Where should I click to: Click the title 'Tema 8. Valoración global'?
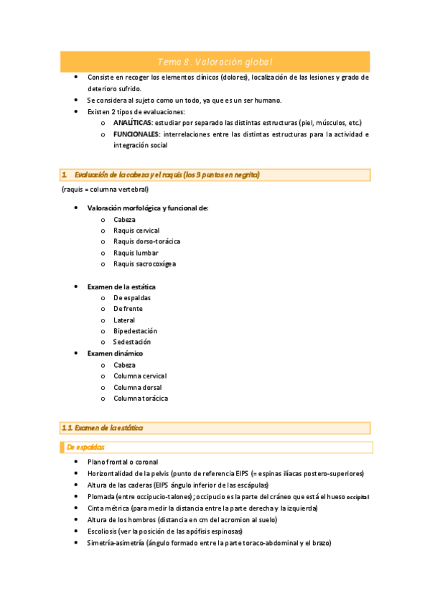coord(215,62)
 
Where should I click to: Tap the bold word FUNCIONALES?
coord(136,134)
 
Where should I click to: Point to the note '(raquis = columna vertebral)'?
coord(105,190)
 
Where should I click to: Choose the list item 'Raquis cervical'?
coord(136,231)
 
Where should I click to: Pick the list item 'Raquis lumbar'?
coord(136,253)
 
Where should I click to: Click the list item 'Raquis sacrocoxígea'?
coord(144,264)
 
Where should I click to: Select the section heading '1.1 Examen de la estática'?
coord(102,428)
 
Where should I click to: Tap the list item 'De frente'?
coord(128,309)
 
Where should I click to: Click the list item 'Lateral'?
coord(124,320)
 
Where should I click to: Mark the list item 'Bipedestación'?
coord(135,331)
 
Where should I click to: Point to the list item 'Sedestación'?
coord(132,343)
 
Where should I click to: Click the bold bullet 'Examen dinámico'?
coord(115,353)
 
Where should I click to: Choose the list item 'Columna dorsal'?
coord(137,387)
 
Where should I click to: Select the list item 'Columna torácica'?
coord(141,399)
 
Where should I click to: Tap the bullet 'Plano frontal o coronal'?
coord(123,462)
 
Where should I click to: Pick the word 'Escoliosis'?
coord(102,531)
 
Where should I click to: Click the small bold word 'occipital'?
coord(357,497)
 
